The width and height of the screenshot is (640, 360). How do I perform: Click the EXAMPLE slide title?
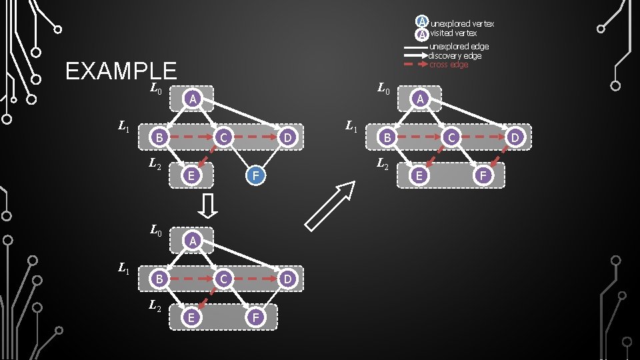pos(121,71)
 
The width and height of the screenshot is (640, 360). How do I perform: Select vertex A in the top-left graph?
pos(192,99)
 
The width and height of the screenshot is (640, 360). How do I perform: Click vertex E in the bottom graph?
pos(191,317)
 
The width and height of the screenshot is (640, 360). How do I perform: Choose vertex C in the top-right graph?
pos(451,138)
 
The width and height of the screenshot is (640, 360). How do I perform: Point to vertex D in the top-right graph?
pos(515,138)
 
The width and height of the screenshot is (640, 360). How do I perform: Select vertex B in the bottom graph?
pos(158,279)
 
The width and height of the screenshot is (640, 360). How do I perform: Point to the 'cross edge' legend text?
pos(449,65)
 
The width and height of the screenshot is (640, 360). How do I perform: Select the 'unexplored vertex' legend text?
pos(462,24)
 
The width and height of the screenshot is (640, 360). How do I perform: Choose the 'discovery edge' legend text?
pos(455,55)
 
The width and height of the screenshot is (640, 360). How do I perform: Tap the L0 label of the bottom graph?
pos(155,231)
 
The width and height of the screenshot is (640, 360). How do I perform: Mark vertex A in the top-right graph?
pos(419,99)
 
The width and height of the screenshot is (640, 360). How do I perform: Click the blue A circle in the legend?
pos(421,22)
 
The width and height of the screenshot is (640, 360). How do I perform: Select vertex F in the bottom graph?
pos(255,317)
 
